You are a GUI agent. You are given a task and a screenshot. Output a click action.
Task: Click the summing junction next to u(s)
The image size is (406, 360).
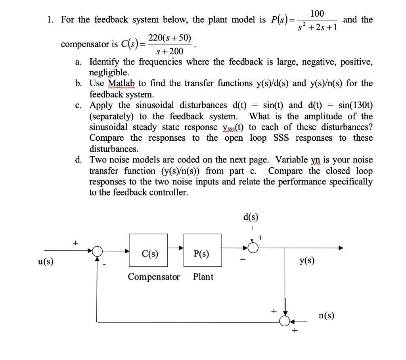coord(98,251)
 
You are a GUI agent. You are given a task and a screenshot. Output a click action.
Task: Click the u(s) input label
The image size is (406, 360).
coord(46,262)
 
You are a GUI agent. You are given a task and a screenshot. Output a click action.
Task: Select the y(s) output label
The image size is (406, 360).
coord(307,260)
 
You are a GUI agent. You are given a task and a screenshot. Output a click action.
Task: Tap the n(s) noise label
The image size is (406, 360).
coord(326,316)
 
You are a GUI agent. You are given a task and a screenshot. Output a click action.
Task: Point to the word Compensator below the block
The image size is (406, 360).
coord(154,277)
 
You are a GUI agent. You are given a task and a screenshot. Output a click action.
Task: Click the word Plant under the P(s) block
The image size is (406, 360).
coord(203,277)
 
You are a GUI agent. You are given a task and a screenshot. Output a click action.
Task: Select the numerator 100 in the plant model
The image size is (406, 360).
coord(317,14)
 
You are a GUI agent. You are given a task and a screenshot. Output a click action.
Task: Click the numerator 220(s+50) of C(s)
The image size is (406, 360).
coord(170,38)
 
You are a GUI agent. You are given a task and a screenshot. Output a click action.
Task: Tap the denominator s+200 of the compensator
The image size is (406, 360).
coord(170,51)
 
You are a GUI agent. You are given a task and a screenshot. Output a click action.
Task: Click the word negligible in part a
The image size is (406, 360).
coord(109,73)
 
